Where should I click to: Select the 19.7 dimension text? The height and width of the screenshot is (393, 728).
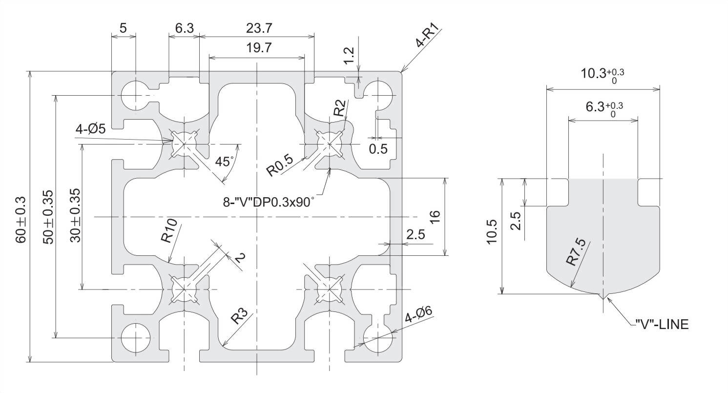click(x=259, y=48)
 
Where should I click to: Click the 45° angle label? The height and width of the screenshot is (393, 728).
click(x=225, y=162)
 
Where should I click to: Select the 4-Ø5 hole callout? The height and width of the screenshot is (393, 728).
click(x=91, y=130)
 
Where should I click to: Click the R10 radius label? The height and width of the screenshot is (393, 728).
click(x=168, y=231)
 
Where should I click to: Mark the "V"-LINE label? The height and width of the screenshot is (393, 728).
click(x=662, y=324)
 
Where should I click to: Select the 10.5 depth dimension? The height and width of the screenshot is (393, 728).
click(x=492, y=236)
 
